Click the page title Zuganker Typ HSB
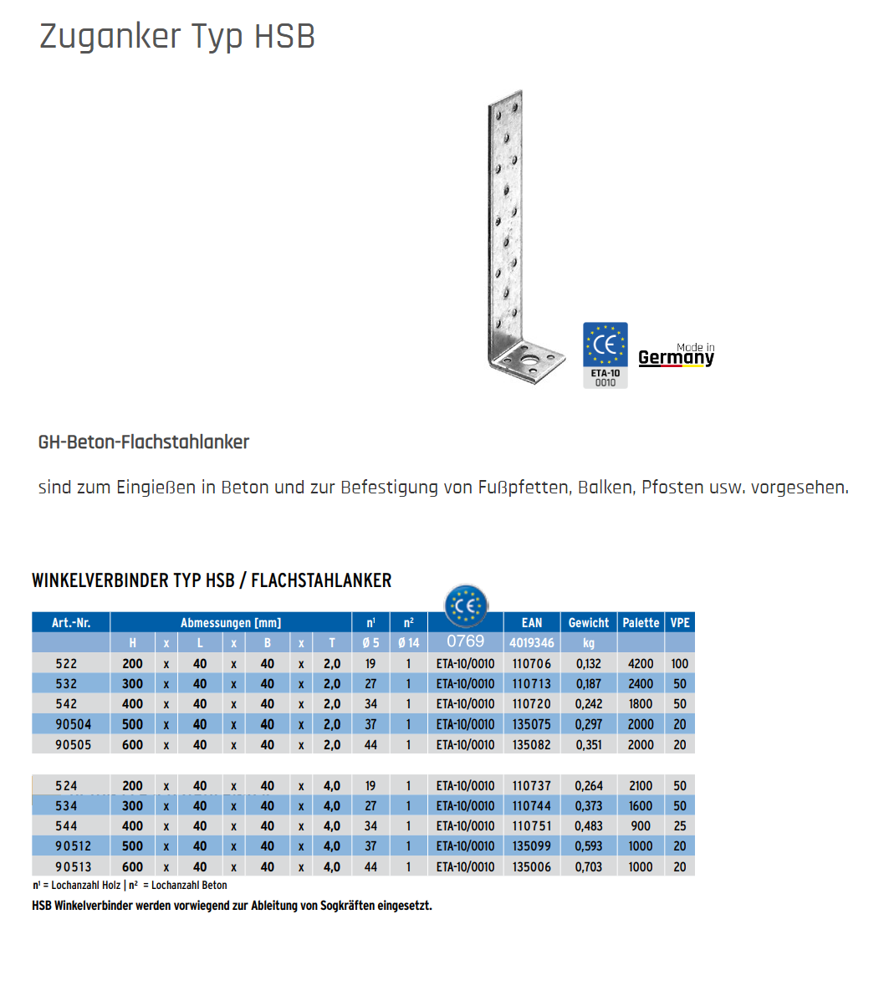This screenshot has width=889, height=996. tap(177, 37)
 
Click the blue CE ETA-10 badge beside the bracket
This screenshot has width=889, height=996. tap(605, 355)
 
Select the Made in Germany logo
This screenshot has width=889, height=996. tap(676, 355)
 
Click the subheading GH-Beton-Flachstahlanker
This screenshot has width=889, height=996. tap(144, 442)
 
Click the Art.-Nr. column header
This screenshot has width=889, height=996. tap(71, 622)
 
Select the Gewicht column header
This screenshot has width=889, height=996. tap(589, 622)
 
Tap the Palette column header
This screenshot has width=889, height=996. tap(641, 622)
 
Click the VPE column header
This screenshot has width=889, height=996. tap(680, 622)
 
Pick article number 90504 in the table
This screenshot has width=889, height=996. tap(74, 724)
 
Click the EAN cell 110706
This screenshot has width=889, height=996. tap(532, 663)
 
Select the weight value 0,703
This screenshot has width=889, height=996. tap(589, 867)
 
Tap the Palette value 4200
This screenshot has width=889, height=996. tap(641, 663)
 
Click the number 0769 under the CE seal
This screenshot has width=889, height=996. tap(465, 641)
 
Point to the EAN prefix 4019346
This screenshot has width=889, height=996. tap(532, 643)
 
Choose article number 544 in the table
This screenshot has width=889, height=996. tap(66, 826)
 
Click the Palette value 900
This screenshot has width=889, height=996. tap(641, 826)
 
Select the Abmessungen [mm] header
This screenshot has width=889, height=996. tap(231, 622)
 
